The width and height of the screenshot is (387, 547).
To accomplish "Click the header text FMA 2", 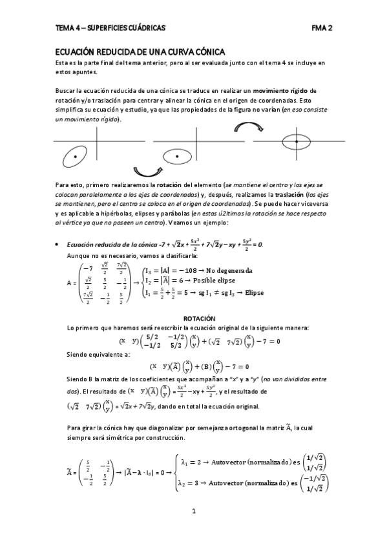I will pyautogui.click(x=321, y=28).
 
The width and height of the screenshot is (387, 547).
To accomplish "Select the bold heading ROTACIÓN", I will pyautogui.click(x=195, y=319).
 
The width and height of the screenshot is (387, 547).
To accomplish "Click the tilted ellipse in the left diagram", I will pyautogui.click(x=76, y=155).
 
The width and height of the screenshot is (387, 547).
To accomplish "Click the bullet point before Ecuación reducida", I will pyautogui.click(x=59, y=244).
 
